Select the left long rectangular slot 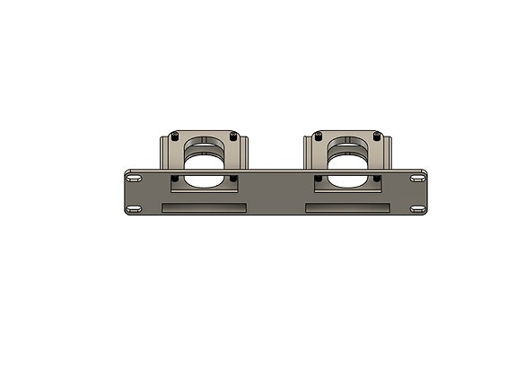point(204,209)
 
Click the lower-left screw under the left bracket point(176,179)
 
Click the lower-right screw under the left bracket point(234,179)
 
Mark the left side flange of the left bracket point(164,152)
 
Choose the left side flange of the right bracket point(309,152)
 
